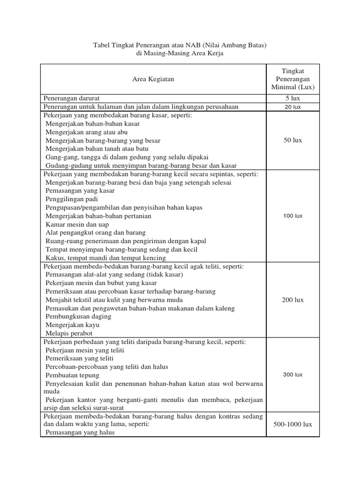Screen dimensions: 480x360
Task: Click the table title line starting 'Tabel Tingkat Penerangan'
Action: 180,45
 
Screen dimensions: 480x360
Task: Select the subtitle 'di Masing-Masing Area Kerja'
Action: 180,53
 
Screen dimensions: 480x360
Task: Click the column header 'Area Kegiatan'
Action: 153,79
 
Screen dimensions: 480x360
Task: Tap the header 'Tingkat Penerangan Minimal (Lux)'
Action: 293,79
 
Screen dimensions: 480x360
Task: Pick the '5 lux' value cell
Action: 293,98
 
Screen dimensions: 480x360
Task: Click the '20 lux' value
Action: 293,107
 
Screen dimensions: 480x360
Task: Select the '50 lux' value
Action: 293,140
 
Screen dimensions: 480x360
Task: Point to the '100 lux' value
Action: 293,216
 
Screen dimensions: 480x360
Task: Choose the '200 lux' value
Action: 293,300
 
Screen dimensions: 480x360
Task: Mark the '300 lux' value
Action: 293,375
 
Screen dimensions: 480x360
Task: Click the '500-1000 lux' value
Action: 293,424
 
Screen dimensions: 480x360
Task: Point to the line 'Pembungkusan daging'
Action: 78,316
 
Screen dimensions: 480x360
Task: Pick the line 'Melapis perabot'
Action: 69,333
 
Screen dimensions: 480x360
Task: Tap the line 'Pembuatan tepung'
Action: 72,375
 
